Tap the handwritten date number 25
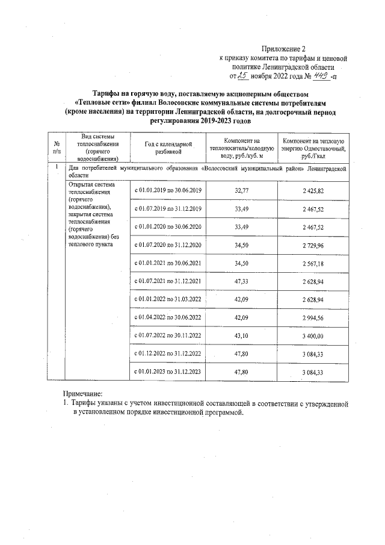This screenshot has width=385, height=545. tap(243, 76)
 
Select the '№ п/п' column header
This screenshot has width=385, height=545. tap(56, 149)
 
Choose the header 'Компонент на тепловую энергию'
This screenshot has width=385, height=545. tap(313, 149)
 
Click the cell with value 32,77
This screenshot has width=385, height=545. tap(241, 190)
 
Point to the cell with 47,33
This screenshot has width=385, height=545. tap(241, 281)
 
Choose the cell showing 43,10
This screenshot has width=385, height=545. tap(241, 335)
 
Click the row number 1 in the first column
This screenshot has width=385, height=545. tap(56, 167)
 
